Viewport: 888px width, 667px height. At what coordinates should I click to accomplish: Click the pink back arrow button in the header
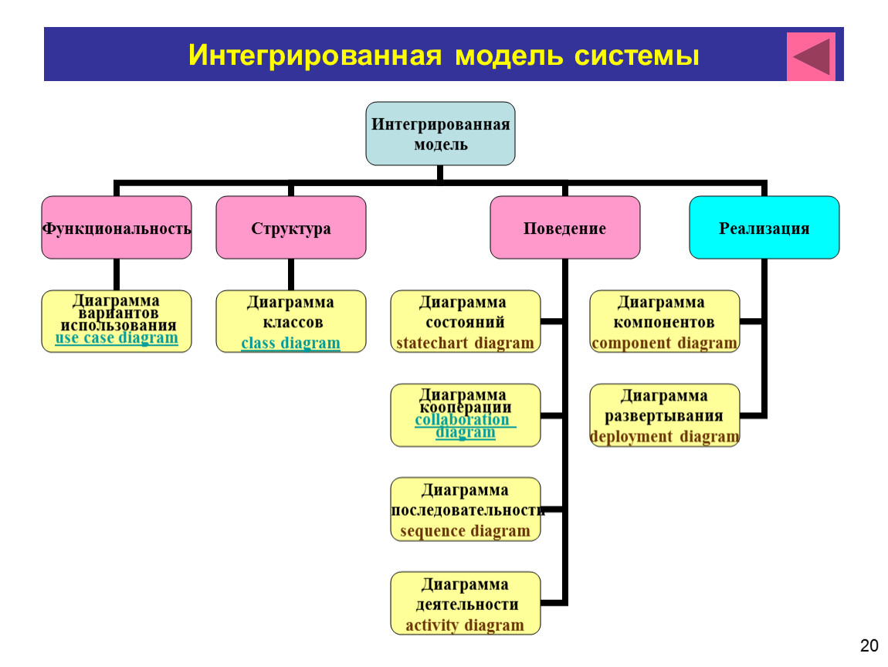point(811,56)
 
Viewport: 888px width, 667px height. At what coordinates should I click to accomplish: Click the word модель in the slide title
point(509,56)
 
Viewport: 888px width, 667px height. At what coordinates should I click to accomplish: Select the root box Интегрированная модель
point(440,134)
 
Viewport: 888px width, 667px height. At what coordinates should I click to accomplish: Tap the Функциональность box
point(117,228)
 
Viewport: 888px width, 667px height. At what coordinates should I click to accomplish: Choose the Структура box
point(290,228)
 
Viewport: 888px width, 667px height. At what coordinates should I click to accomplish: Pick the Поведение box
point(564,228)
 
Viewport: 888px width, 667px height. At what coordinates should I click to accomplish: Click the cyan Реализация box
point(764,228)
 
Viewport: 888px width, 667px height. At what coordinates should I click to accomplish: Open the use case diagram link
point(117,338)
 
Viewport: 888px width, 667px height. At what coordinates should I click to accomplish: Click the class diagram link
point(290,343)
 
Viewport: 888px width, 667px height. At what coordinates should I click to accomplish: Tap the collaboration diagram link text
point(464,426)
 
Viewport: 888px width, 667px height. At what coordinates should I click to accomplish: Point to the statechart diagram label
point(465,343)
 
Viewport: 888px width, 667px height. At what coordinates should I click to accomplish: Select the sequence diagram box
point(466,510)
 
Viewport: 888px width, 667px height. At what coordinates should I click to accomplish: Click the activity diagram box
point(466,604)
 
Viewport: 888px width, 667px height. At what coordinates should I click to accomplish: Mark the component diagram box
point(664,322)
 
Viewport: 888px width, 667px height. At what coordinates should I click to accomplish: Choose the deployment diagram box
point(664,415)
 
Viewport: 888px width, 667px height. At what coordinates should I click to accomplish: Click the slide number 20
point(869,645)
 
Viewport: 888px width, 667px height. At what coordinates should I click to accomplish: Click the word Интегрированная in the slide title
point(315,56)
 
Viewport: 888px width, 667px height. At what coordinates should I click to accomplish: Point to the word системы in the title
point(637,56)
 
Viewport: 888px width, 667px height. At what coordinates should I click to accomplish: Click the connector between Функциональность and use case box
point(117,275)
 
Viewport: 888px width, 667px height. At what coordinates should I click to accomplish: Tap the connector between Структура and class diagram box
point(290,275)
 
